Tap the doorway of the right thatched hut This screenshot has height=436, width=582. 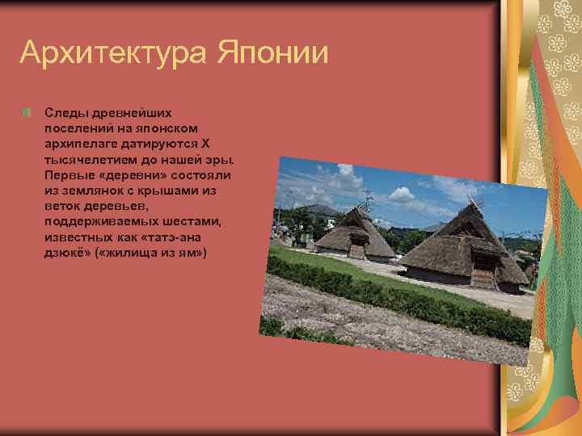482,277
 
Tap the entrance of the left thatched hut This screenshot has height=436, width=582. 356,250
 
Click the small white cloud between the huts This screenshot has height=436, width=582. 402,194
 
